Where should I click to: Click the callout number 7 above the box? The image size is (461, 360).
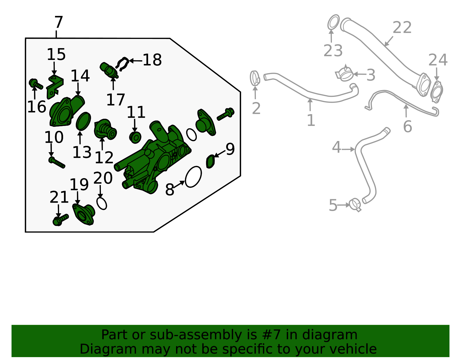click(x=59, y=22)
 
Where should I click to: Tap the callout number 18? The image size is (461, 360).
click(x=152, y=60)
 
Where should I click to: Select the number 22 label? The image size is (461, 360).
click(x=402, y=27)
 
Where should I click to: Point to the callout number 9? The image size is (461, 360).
click(x=230, y=149)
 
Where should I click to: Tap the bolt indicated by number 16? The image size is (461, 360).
click(x=36, y=84)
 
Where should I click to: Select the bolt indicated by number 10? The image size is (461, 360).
click(x=57, y=163)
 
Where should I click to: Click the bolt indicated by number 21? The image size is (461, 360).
click(x=61, y=220)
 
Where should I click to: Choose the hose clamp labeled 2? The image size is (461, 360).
click(x=255, y=78)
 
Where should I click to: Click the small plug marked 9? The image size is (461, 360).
click(x=210, y=162)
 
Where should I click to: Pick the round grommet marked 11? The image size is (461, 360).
click(x=135, y=137)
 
